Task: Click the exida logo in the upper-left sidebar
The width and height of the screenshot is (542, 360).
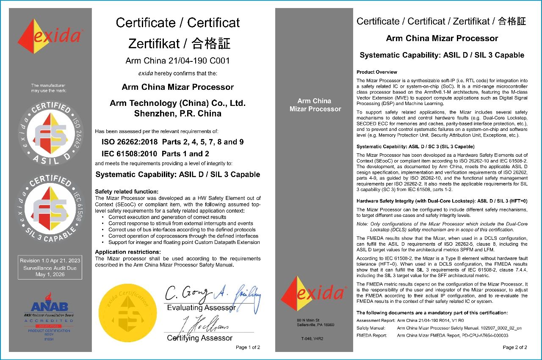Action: click(x=50, y=36)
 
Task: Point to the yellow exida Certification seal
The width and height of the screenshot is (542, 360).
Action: click(x=124, y=313)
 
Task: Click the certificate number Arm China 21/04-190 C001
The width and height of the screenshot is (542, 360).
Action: click(x=177, y=61)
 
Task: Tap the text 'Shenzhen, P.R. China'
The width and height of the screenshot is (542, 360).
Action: click(x=177, y=114)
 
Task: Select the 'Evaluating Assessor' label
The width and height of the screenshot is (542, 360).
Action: click(x=201, y=307)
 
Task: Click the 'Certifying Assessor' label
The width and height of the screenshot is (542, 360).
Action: click(x=199, y=338)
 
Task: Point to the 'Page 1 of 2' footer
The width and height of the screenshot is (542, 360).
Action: click(x=248, y=348)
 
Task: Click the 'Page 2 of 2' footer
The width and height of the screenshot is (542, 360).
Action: click(x=514, y=348)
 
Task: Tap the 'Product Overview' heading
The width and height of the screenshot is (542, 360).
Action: click(x=377, y=72)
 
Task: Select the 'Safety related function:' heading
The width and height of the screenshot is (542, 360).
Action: click(x=127, y=192)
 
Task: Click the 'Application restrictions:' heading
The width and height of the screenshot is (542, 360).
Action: click(x=127, y=252)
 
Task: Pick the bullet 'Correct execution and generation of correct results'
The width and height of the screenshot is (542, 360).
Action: click(x=167, y=217)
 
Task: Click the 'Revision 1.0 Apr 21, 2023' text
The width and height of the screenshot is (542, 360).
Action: click(x=50, y=260)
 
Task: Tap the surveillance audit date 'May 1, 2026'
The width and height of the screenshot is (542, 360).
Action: click(x=50, y=274)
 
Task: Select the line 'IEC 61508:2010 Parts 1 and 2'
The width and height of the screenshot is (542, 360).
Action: click(x=155, y=154)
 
